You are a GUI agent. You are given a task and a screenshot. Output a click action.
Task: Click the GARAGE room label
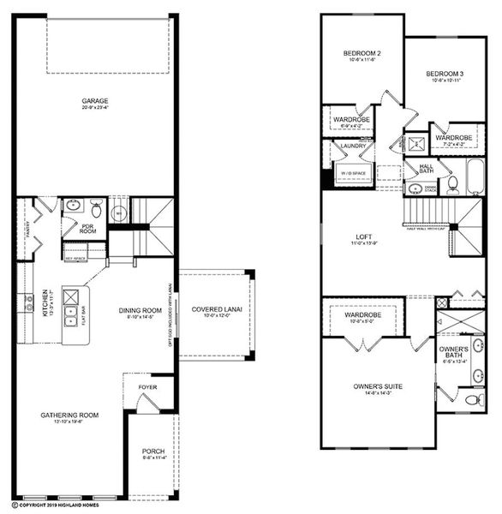95,101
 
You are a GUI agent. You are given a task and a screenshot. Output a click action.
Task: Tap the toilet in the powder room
97,208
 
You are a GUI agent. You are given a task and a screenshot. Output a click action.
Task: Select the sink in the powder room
74,206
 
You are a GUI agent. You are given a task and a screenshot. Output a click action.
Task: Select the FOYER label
148,386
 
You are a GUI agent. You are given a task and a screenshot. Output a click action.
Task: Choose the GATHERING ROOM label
69,415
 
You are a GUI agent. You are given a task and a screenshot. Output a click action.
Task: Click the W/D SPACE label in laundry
351,172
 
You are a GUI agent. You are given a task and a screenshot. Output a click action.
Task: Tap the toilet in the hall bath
415,188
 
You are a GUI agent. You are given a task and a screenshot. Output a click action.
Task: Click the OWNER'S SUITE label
378,386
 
